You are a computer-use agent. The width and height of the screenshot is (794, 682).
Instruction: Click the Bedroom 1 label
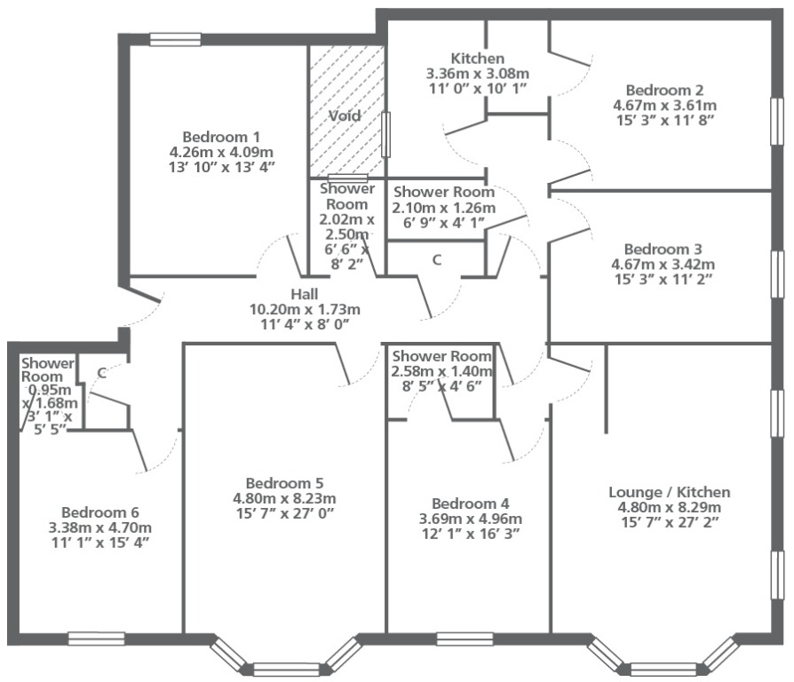pyautogui.click(x=221, y=137)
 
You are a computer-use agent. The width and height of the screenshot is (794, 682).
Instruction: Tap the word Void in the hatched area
pyautogui.click(x=345, y=115)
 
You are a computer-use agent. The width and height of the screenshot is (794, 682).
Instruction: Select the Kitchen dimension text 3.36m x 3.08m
pyautogui.click(x=478, y=74)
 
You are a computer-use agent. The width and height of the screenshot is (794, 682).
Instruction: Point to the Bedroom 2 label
pyautogui.click(x=665, y=90)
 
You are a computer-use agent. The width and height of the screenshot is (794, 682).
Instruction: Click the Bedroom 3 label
pyautogui.click(x=663, y=250)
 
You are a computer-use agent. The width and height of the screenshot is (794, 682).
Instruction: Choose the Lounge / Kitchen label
pyautogui.click(x=670, y=492)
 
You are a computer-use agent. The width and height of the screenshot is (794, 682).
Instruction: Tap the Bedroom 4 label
pyautogui.click(x=471, y=504)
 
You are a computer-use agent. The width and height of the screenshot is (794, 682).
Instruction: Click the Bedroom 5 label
pyautogui.click(x=284, y=483)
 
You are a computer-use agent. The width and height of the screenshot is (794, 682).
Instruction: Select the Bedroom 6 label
pyautogui.click(x=100, y=512)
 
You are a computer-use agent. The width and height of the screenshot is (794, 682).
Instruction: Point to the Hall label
pyautogui.click(x=305, y=294)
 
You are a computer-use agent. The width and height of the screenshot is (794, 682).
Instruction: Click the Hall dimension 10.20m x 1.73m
pyautogui.click(x=305, y=309)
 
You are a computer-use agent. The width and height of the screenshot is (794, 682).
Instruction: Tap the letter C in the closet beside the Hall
pyautogui.click(x=436, y=260)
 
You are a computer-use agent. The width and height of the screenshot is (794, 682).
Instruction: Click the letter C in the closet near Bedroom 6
pyautogui.click(x=102, y=374)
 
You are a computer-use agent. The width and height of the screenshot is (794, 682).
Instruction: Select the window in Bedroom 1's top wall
pyautogui.click(x=175, y=39)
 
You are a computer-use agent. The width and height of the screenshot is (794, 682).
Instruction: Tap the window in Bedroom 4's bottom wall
pyautogui.click(x=464, y=639)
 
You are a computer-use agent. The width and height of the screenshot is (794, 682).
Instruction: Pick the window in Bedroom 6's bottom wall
pyautogui.click(x=97, y=638)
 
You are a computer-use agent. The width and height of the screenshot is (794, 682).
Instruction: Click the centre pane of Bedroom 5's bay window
pyautogui.click(x=286, y=670)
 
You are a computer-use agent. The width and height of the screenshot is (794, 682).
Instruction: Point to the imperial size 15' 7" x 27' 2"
pyautogui.click(x=670, y=522)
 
